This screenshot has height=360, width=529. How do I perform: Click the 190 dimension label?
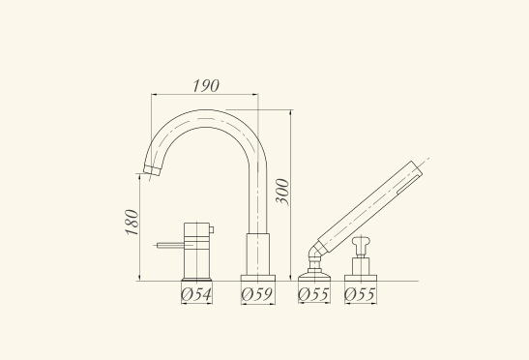click(206, 85)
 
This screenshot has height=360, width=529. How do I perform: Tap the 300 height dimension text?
click(282, 192)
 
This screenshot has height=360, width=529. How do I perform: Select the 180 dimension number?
click(132, 223)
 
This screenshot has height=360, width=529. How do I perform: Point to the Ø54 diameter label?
click(196, 294)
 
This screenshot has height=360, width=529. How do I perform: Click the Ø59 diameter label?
click(257, 294)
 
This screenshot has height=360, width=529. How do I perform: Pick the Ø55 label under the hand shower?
click(313, 294)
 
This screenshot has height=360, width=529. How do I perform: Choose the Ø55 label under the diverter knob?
click(360, 294)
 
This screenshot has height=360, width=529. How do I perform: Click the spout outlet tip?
click(152, 170)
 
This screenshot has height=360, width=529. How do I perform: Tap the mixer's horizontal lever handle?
click(170, 245)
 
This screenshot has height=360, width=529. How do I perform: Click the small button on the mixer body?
click(212, 229)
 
